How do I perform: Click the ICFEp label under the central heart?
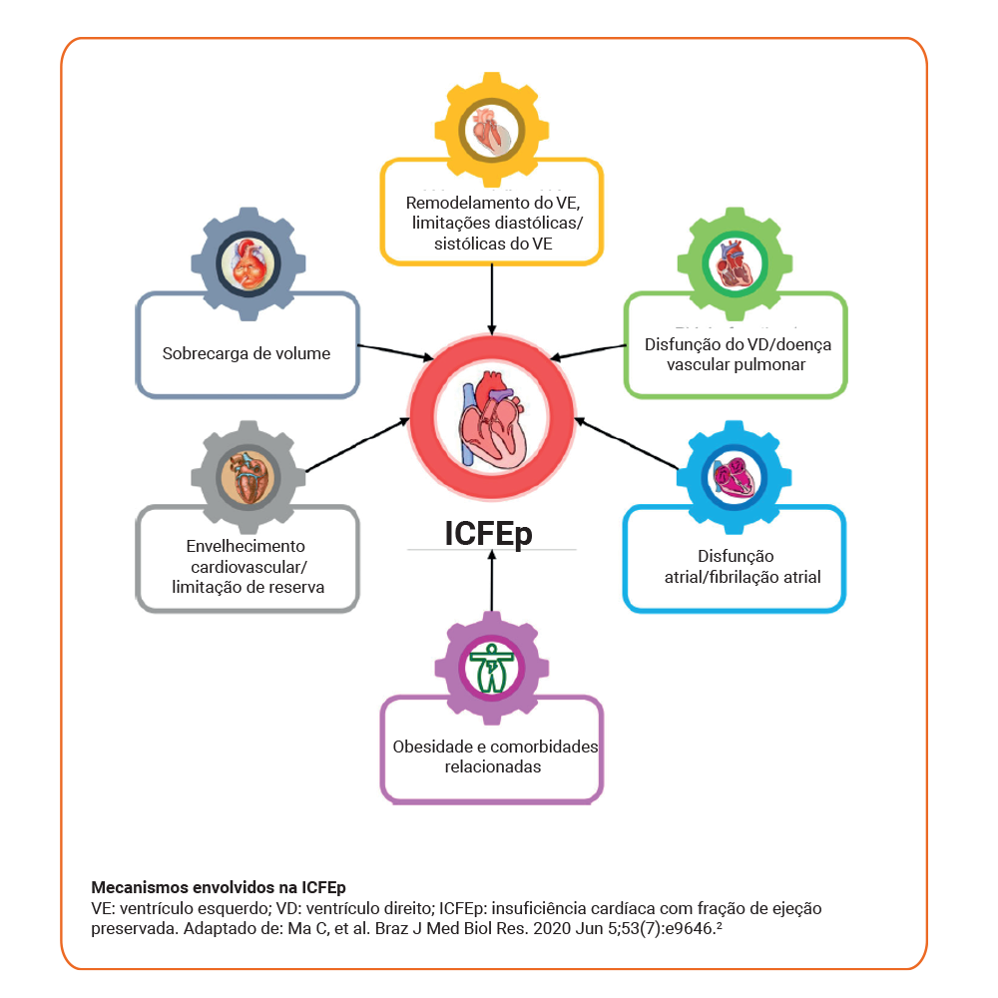click(x=489, y=533)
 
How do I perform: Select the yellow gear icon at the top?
click(x=491, y=130)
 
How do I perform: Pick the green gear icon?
click(x=735, y=264)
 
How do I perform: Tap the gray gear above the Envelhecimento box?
click(x=247, y=477)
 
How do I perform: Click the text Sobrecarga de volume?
click(x=247, y=353)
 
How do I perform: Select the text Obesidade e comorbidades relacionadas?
click(x=492, y=756)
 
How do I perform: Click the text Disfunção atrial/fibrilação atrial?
click(x=737, y=566)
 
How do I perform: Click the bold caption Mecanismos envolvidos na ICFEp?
click(x=219, y=887)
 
